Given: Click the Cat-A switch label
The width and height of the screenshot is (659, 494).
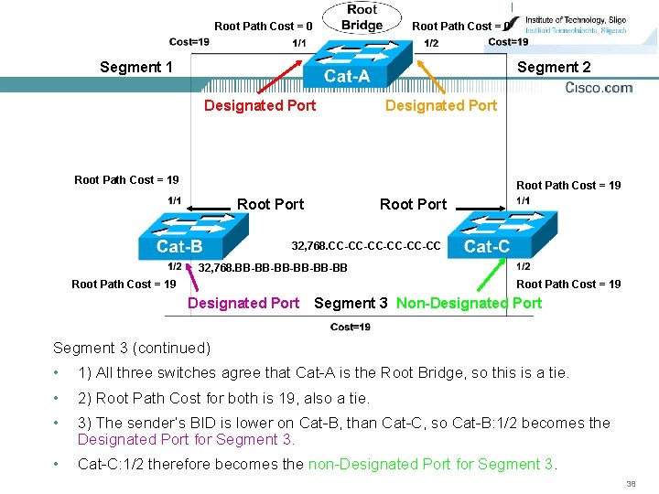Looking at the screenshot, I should click(x=347, y=76).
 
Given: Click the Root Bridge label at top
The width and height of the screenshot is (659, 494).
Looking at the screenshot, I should click(x=362, y=17).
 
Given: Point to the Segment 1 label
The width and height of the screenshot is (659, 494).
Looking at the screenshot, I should click(x=136, y=67).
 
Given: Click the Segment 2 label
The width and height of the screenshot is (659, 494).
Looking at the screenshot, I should click(x=554, y=67).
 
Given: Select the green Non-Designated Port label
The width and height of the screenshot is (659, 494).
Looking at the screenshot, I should click(x=469, y=303).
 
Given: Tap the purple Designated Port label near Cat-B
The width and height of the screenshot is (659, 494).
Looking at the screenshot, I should click(x=243, y=303).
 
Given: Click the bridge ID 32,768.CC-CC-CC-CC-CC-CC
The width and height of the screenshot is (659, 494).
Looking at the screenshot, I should click(x=365, y=246).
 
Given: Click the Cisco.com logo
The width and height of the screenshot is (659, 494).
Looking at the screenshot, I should click(x=599, y=88).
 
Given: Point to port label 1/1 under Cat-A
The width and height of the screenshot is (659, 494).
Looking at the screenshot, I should click(x=299, y=43).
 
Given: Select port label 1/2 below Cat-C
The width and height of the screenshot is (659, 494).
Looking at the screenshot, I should click(x=524, y=266).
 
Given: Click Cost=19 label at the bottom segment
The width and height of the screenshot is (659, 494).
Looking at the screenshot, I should click(x=351, y=327).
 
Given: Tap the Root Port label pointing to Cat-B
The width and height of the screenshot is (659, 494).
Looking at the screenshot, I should click(x=270, y=204).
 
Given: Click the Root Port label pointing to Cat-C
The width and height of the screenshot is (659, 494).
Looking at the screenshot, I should click(x=413, y=204).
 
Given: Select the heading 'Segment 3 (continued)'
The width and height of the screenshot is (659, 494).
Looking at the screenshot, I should click(x=132, y=348).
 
